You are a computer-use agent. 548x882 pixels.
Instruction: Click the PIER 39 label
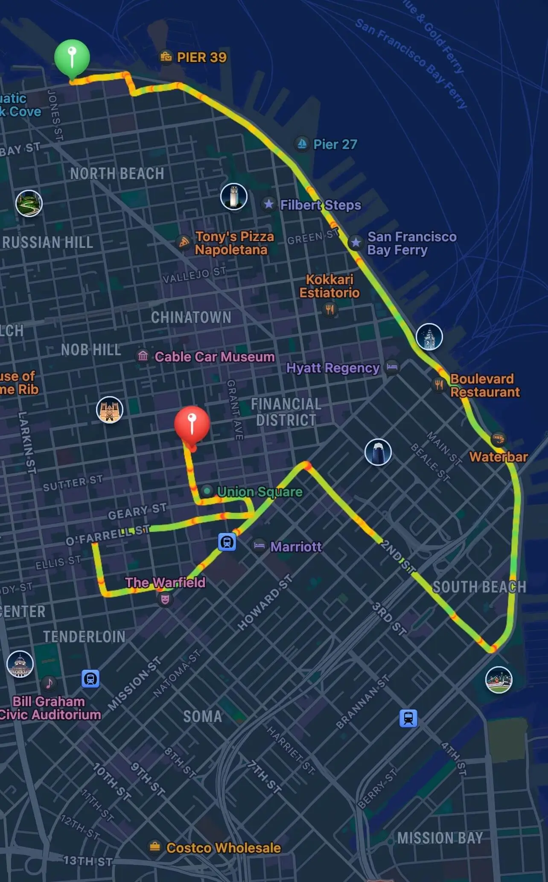(201, 57)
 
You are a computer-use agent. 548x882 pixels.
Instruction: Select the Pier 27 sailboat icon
(302, 144)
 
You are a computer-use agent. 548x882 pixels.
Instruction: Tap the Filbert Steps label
(320, 205)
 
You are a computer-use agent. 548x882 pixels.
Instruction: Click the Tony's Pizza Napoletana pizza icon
(184, 243)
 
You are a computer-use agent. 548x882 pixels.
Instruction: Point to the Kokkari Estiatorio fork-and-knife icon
(329, 309)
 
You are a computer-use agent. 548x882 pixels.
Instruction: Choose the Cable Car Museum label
(214, 356)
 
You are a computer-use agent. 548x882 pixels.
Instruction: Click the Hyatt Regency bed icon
(392, 367)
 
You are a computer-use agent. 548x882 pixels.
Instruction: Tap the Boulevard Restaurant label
(485, 385)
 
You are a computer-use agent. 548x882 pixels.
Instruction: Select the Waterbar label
(498, 456)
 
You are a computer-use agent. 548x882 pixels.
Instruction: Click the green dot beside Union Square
(207, 491)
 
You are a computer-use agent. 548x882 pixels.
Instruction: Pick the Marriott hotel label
(296, 547)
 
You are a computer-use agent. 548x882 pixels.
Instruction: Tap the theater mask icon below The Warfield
(165, 599)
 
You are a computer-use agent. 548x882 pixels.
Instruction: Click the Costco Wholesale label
(223, 848)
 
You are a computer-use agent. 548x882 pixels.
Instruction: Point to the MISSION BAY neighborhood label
(440, 838)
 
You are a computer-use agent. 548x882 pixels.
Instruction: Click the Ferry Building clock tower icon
(429, 337)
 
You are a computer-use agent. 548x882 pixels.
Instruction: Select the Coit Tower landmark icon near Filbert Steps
(234, 197)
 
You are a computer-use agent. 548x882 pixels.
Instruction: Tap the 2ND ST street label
(398, 556)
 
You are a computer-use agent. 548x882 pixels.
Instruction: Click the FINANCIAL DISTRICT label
(286, 412)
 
